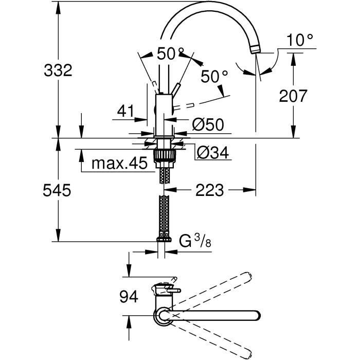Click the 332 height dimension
pos(58,70)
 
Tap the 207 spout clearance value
pos(293,95)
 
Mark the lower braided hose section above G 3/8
pos(164,216)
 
